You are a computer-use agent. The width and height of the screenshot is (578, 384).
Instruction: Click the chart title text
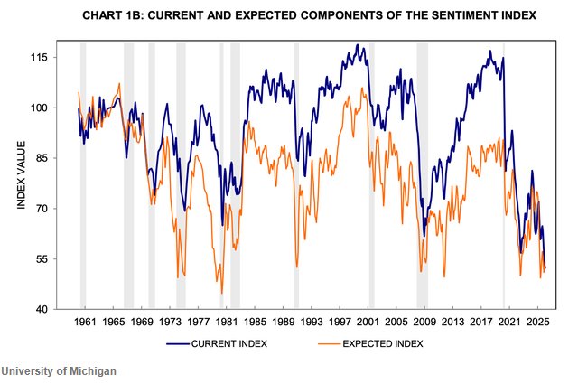pyautogui.click(x=296, y=15)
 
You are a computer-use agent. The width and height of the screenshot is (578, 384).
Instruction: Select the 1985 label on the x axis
pyautogui.click(x=255, y=322)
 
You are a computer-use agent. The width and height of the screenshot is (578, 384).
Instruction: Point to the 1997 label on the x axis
pyautogui.click(x=340, y=322)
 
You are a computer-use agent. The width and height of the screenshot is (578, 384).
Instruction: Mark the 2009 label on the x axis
pyautogui.click(x=424, y=322)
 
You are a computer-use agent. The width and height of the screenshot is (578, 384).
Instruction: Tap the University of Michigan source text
pyautogui.click(x=59, y=371)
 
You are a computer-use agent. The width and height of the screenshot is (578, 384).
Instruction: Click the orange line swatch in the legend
pyautogui.click(x=332, y=343)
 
